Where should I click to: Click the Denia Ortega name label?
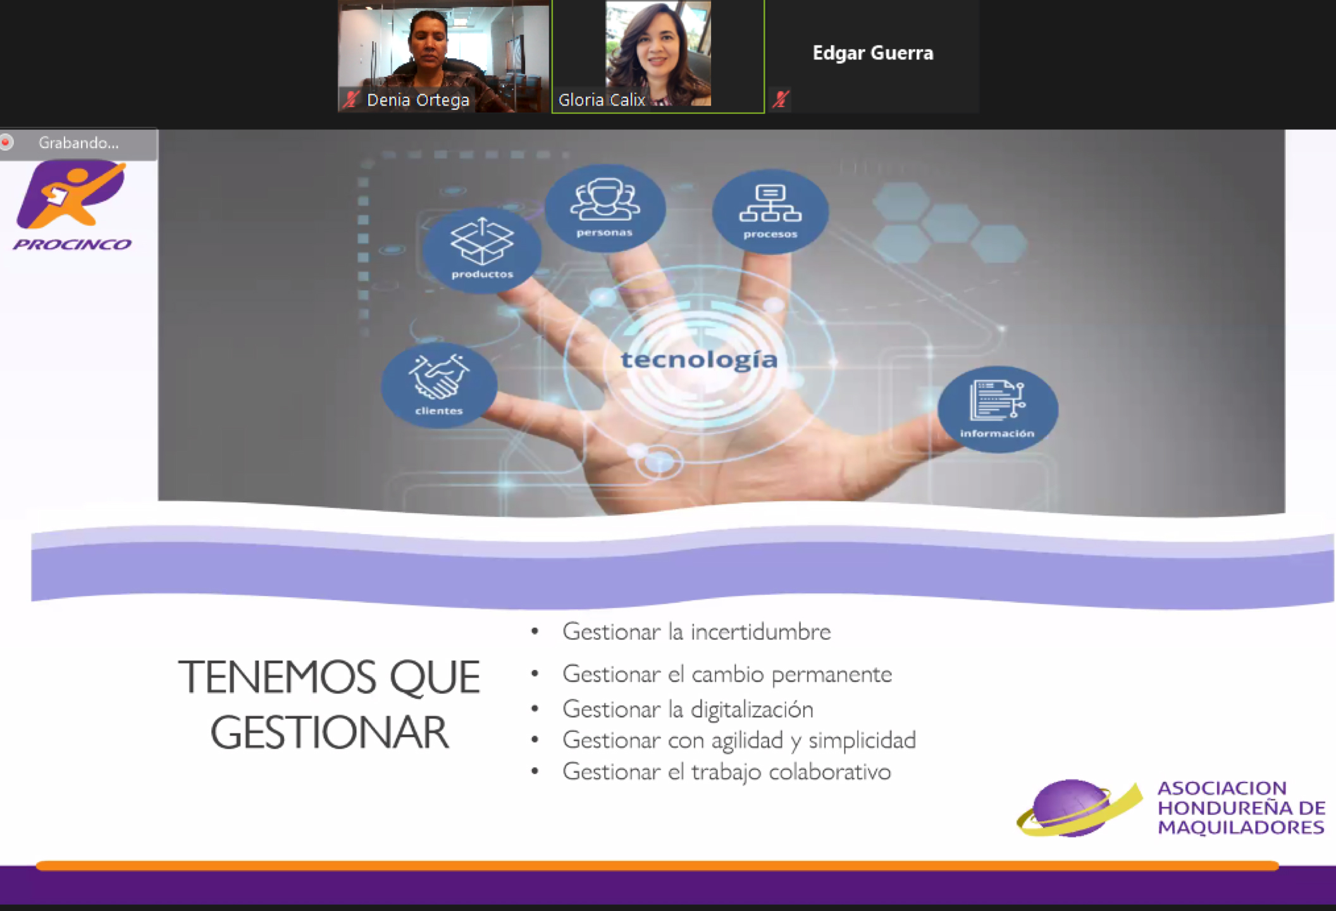click(417, 100)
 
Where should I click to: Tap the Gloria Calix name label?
click(602, 100)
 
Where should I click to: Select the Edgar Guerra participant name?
click(873, 53)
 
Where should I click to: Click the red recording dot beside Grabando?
click(6, 142)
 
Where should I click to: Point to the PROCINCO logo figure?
click(71, 194)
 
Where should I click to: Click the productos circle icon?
click(482, 250)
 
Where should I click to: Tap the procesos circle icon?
click(770, 211)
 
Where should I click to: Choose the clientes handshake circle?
click(439, 385)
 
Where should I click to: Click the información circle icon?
click(998, 409)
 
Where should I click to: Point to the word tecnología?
click(699, 360)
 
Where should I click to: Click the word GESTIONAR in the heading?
click(330, 733)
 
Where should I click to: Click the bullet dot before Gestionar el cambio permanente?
click(535, 674)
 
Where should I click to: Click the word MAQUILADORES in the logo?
click(1240, 827)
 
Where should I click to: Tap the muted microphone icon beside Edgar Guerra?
click(781, 99)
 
